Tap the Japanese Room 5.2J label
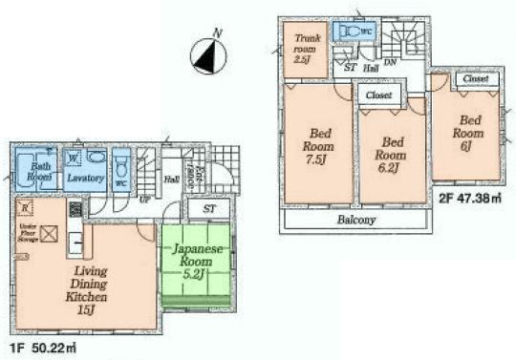point(197,260)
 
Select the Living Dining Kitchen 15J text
point(86,284)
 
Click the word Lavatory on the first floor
point(86,178)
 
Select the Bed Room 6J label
point(469,134)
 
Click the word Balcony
point(356,220)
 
